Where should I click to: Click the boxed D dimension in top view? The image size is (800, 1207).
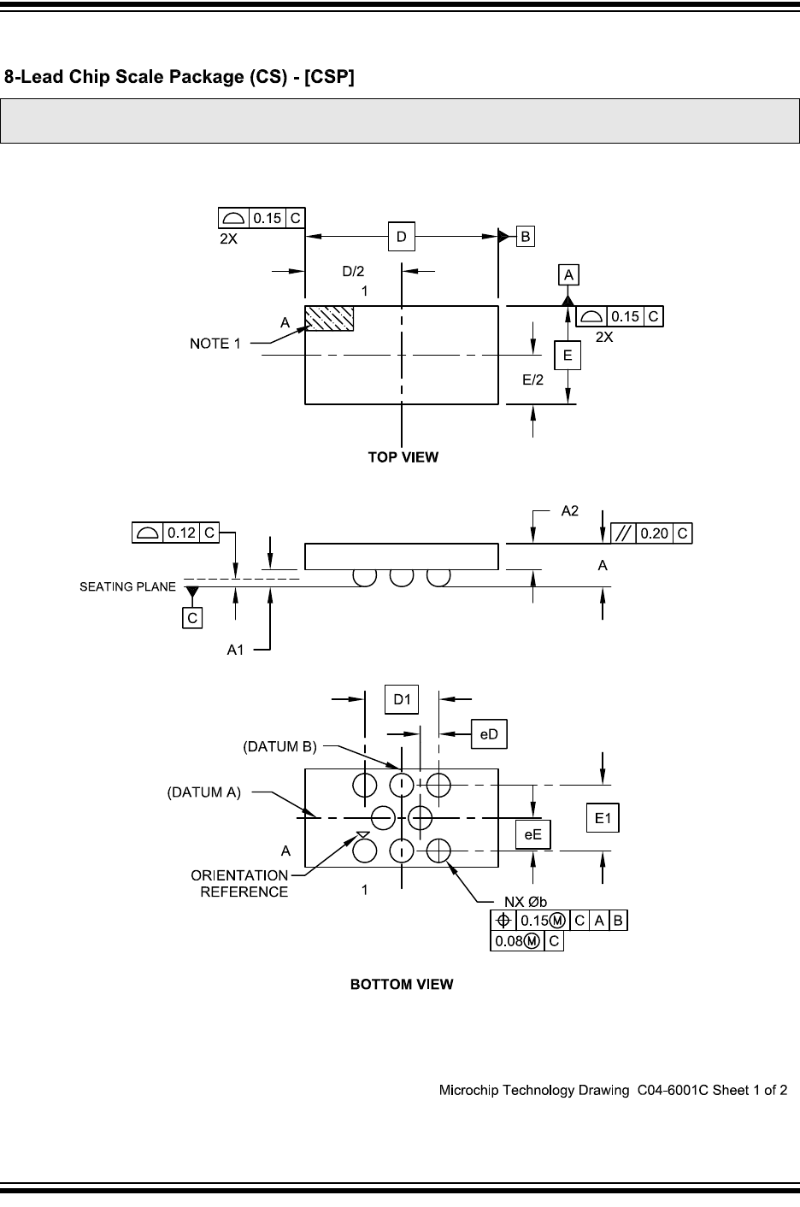click(401, 236)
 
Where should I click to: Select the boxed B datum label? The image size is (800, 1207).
click(525, 236)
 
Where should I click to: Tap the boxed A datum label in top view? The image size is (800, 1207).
click(568, 274)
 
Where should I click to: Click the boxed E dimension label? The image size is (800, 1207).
click(567, 355)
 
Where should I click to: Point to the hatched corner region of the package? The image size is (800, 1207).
click(329, 318)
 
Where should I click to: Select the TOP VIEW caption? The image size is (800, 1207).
click(403, 457)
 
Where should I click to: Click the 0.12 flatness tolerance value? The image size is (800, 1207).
click(181, 533)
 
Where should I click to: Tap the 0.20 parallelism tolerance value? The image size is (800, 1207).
click(654, 533)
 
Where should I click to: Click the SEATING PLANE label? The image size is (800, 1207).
click(127, 586)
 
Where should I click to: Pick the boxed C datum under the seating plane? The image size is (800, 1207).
click(192, 617)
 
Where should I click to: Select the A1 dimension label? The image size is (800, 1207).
click(235, 650)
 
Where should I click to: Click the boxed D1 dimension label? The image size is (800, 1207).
click(402, 699)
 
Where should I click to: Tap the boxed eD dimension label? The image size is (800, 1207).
click(490, 733)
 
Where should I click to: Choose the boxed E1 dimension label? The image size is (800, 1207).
click(603, 818)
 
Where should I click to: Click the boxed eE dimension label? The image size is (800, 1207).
click(532, 834)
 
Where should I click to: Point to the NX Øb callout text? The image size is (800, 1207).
click(525, 901)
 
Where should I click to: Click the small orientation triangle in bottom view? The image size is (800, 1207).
click(362, 834)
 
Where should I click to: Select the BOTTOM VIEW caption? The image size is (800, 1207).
click(402, 985)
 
